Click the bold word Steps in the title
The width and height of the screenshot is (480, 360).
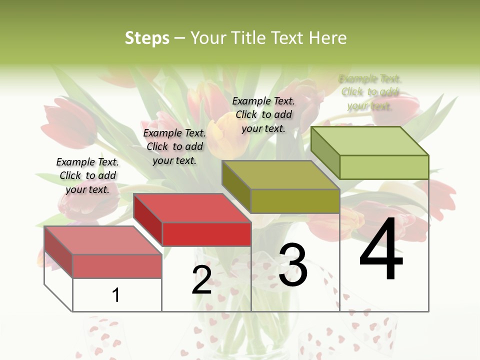[x=147, y=38]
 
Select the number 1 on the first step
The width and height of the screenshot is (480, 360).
[x=116, y=295]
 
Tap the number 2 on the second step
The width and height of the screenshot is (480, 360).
[x=201, y=280]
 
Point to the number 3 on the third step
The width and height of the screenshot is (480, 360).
[x=293, y=265]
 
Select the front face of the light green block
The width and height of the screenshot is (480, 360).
[x=384, y=167]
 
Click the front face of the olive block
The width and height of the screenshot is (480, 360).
[x=295, y=201]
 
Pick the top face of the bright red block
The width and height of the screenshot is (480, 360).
[x=192, y=208]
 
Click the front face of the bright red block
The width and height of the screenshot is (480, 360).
[x=206, y=234]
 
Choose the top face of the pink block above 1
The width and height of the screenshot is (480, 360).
[x=103, y=240]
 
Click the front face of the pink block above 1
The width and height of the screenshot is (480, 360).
[x=117, y=266]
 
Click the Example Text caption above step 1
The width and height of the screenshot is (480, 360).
[x=87, y=175]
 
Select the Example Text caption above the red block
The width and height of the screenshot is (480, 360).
[x=174, y=146]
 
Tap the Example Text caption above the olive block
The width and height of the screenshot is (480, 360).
[x=263, y=114]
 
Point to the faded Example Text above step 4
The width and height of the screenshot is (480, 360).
[x=370, y=92]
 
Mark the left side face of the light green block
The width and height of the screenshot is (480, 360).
[x=325, y=152]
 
